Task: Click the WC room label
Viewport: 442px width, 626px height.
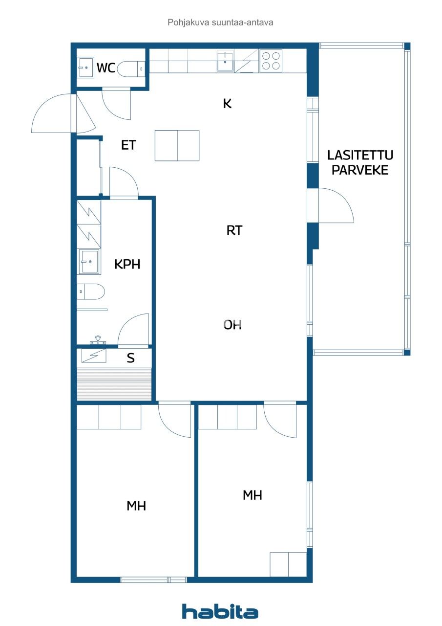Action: click(x=105, y=68)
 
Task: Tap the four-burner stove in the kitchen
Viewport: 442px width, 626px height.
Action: click(x=271, y=61)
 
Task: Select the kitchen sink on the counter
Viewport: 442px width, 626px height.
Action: click(x=225, y=62)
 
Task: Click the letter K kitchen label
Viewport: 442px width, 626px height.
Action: click(x=227, y=104)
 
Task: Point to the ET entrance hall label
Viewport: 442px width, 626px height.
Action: click(x=128, y=145)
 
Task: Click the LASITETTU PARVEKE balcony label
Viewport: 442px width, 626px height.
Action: click(x=360, y=163)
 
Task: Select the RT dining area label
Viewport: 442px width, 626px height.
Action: click(x=234, y=230)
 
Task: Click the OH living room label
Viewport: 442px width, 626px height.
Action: click(x=233, y=325)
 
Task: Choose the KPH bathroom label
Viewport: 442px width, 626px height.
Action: click(x=127, y=265)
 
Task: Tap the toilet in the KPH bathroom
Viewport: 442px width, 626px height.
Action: click(x=91, y=292)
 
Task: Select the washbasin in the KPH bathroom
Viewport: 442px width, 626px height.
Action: click(x=89, y=262)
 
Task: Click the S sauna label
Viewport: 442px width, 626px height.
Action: click(x=130, y=358)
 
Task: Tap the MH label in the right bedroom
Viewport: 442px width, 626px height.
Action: click(x=253, y=495)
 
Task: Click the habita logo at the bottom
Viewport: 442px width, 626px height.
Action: click(x=220, y=612)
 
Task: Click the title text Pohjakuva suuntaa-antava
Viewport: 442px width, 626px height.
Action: click(x=220, y=22)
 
